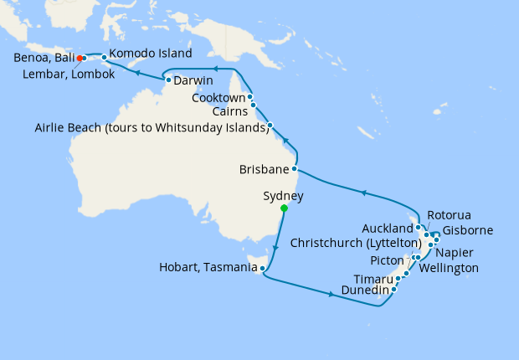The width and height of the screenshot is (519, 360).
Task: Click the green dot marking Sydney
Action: pyautogui.click(x=284, y=208)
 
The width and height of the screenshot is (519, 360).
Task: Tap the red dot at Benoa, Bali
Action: pyautogui.click(x=79, y=58)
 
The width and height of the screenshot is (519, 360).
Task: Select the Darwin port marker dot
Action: pyautogui.click(x=169, y=80)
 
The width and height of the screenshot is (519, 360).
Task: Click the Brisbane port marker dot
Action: pyautogui.click(x=294, y=168)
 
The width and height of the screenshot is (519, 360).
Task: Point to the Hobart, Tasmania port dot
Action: pyautogui.click(x=263, y=269)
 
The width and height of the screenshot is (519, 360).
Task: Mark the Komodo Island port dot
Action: pyautogui.click(x=104, y=58)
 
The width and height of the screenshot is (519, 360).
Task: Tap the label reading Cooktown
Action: pyautogui.click(x=218, y=97)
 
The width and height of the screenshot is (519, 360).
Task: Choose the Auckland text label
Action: pyautogui.click(x=388, y=228)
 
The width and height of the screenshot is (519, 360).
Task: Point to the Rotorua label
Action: pyautogui.click(x=450, y=214)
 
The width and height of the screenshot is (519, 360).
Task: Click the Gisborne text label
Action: pyautogui.click(x=467, y=230)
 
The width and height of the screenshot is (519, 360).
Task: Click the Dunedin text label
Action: pyautogui.click(x=364, y=292)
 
